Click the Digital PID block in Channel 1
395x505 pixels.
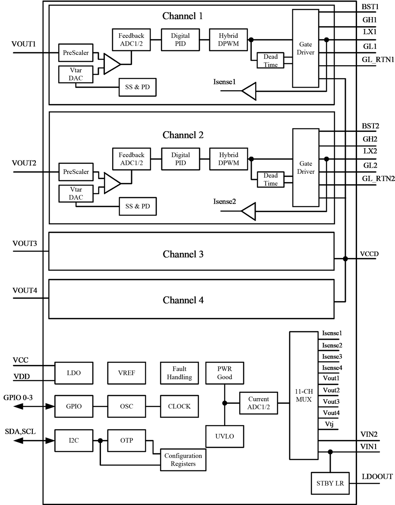(180, 40)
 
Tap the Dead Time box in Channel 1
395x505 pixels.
(270, 60)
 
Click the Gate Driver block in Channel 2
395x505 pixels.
(305, 168)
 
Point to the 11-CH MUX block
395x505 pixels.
(303, 395)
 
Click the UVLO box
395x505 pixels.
(224, 436)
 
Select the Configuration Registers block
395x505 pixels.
(183, 460)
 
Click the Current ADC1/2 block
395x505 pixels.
(258, 403)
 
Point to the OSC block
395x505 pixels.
(126, 406)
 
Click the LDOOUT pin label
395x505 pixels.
(376, 477)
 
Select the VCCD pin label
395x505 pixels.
(369, 254)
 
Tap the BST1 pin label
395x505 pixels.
(370, 7)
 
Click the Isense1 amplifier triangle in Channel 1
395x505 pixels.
(249, 91)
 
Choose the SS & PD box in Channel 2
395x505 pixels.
(138, 207)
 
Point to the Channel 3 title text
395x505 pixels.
(183, 254)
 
